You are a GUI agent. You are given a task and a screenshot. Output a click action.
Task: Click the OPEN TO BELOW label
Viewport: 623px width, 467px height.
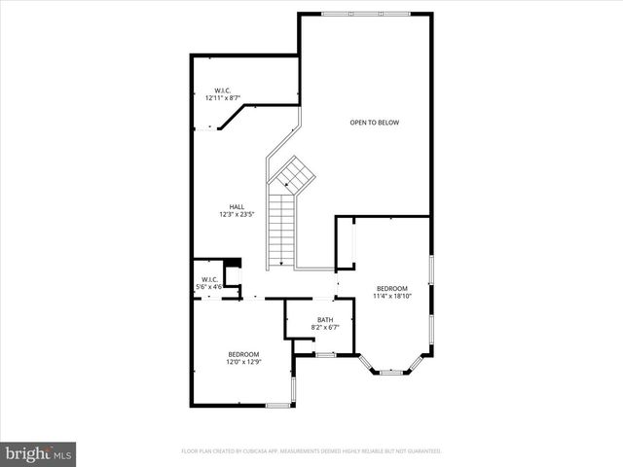375,123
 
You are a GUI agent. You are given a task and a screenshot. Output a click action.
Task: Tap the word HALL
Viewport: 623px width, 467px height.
237,206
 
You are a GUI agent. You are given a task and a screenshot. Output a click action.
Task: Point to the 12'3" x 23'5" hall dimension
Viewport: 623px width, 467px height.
237,214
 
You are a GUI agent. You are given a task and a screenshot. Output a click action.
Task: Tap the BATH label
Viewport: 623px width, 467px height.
326,320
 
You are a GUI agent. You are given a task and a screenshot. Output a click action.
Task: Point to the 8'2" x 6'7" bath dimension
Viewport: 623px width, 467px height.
326,328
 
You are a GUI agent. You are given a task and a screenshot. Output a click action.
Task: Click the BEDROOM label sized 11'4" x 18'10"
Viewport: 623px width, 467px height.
392,288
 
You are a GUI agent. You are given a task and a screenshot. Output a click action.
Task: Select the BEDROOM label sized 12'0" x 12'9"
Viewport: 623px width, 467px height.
243,354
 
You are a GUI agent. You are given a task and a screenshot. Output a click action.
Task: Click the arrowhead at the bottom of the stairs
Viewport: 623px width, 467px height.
281,263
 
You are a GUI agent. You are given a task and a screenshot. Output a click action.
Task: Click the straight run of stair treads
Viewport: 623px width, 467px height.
281,224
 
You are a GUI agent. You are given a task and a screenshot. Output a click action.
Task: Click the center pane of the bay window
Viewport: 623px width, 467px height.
391,372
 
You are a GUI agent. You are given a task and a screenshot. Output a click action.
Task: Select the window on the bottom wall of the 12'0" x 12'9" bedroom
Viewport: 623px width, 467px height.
279,404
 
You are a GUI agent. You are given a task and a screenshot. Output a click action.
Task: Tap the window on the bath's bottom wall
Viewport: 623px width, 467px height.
325,355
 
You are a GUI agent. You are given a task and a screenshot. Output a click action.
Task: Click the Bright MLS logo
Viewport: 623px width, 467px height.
39,453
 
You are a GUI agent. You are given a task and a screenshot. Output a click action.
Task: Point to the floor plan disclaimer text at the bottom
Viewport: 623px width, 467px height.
311,451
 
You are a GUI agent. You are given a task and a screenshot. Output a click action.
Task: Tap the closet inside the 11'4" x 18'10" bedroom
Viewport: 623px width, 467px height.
345,243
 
